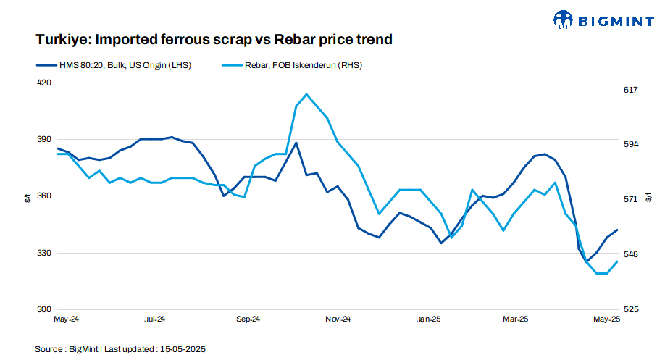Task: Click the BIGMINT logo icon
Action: click(563, 20)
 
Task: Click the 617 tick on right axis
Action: click(630, 90)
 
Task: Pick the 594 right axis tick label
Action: click(630, 144)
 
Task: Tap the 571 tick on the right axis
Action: click(630, 199)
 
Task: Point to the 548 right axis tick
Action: click(630, 254)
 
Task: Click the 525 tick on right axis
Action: click(630, 309)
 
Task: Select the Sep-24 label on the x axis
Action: click(248, 319)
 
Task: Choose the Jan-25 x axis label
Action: click(429, 319)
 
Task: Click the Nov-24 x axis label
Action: click(338, 319)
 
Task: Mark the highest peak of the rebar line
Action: click(307, 94)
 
